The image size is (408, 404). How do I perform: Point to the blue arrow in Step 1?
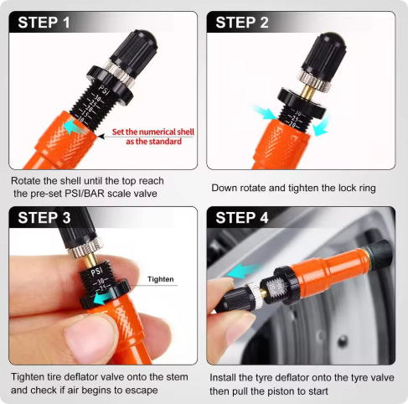(x=75, y=127)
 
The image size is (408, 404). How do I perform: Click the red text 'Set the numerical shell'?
(x=147, y=132)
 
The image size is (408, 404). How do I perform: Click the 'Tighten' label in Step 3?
(x=162, y=279)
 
